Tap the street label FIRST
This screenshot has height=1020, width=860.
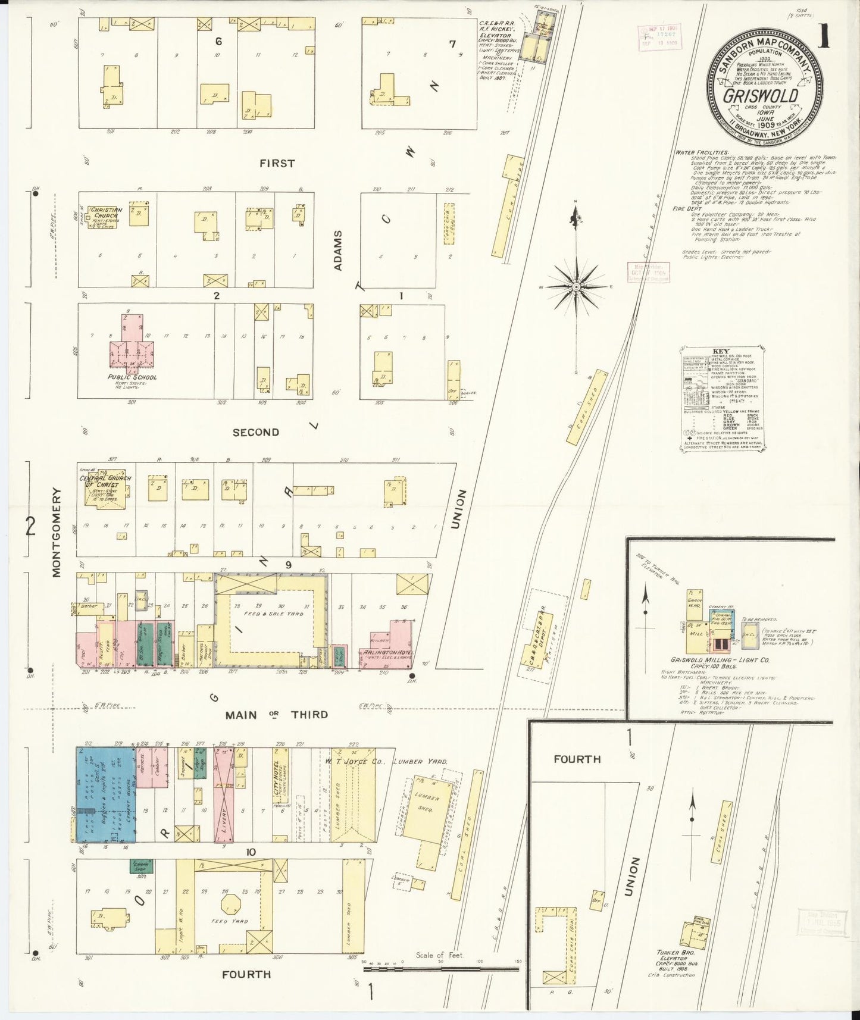pos(277,163)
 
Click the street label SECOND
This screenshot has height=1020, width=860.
pos(255,432)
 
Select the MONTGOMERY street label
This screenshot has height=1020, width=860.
pos(57,532)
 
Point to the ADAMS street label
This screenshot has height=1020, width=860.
pos(338,251)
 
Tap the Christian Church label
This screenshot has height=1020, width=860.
pos(107,213)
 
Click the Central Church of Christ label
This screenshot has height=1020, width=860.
pos(105,481)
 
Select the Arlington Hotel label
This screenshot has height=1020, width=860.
pos(386,652)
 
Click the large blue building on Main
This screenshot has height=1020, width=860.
pos(105,794)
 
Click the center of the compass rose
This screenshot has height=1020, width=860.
pos(576,287)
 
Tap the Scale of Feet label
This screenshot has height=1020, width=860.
pos(439,955)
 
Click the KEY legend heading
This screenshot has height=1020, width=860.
pos(720,351)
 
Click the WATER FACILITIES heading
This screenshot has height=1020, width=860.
pos(701,152)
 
